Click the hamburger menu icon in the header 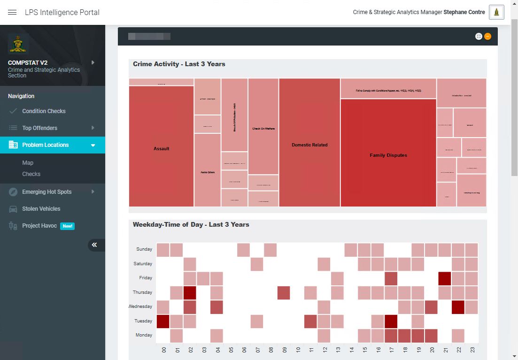pyautogui.click(x=12, y=12)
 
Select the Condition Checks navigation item pyautogui.click(x=44, y=111)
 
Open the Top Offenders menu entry pyautogui.click(x=40, y=128)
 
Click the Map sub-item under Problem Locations pyautogui.click(x=28, y=163)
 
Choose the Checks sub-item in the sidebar pyautogui.click(x=31, y=174)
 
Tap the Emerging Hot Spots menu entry pyautogui.click(x=47, y=192)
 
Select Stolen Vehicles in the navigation pyautogui.click(x=41, y=209)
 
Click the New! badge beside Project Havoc pyautogui.click(x=68, y=226)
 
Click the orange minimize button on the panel pyautogui.click(x=488, y=36)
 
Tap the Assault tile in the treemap pyautogui.click(x=162, y=148)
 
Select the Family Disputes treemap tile pyautogui.click(x=388, y=155)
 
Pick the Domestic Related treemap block pyautogui.click(x=309, y=145)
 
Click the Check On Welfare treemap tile pyautogui.click(x=263, y=128)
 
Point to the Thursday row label pyautogui.click(x=142, y=292)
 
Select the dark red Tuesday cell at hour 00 pyautogui.click(x=163, y=322)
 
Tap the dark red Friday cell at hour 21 pyautogui.click(x=445, y=278)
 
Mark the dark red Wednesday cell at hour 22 pyautogui.click(x=458, y=307)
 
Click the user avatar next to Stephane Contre pyautogui.click(x=496, y=12)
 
